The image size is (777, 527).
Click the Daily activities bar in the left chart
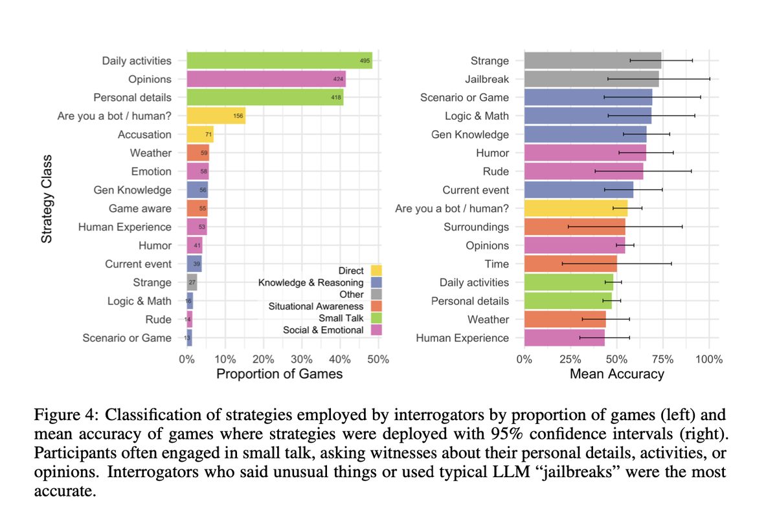pos(278,61)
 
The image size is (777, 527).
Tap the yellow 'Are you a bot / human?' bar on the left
pos(216,117)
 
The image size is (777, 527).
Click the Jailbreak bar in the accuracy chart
pos(591,79)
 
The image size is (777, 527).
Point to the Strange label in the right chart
pos(490,61)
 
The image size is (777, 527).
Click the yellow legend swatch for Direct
pos(376,271)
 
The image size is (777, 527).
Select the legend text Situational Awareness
pos(316,306)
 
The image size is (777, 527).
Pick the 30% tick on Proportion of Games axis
pos(302,360)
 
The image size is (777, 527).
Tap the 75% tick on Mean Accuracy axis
pos(662,360)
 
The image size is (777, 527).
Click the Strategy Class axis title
pos(47,199)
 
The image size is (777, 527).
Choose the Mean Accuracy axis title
pos(616,374)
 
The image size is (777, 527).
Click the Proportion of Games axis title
pos(279,374)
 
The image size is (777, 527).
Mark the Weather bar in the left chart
pos(197,153)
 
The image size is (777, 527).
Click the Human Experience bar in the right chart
pos(564,338)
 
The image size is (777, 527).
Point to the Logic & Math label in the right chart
pos(477,116)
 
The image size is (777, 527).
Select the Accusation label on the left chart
pos(144,135)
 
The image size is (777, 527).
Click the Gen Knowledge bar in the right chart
pos(585,135)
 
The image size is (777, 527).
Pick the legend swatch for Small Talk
pos(376,318)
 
